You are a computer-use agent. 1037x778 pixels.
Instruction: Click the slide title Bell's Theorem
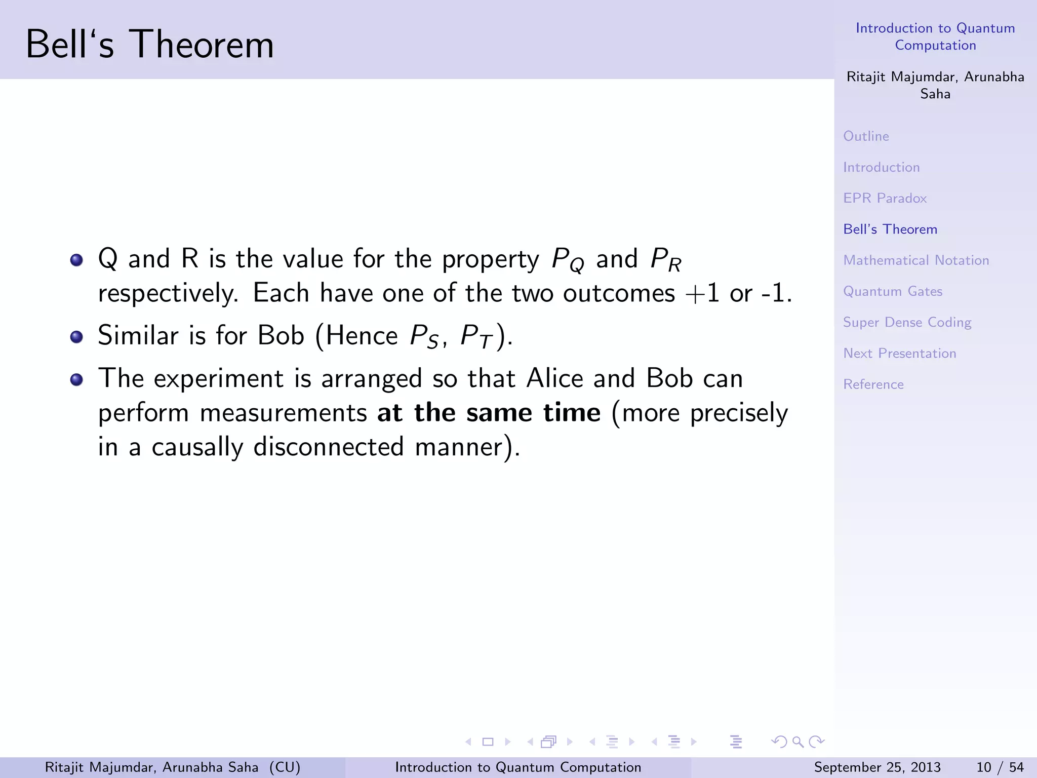coord(149,45)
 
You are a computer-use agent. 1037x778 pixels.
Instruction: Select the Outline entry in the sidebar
coord(866,136)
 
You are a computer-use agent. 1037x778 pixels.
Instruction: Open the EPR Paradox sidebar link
coord(885,198)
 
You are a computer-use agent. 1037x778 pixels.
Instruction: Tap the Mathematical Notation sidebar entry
coord(916,260)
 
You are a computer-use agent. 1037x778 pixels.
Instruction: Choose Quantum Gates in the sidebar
coord(893,291)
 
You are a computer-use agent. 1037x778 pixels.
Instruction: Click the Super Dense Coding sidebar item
coord(907,323)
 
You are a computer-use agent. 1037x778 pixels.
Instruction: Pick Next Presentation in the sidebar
coord(899,354)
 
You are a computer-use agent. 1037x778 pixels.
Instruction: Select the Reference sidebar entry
coord(873,384)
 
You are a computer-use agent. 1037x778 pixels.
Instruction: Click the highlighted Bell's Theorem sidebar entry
coord(890,229)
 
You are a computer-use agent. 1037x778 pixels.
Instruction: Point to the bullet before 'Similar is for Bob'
coord(76,337)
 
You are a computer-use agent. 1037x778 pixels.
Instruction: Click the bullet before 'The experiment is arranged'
coord(76,379)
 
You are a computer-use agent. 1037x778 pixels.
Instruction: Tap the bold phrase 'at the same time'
coord(489,412)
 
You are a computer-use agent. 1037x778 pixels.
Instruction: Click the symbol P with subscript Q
coord(568,259)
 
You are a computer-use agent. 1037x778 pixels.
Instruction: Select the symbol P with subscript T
coord(476,337)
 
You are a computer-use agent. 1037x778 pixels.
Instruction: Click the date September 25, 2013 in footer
coord(877,767)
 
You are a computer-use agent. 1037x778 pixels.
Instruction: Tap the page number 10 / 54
coord(1000,767)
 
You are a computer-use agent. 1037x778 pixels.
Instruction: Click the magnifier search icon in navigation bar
coord(798,742)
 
